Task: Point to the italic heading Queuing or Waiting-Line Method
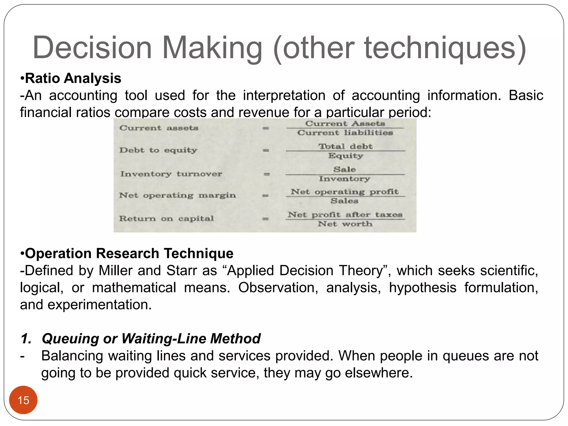(x=151, y=338)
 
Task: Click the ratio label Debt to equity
(x=158, y=150)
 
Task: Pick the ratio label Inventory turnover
(x=171, y=174)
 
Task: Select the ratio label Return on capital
(x=166, y=219)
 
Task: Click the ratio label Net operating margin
(x=177, y=195)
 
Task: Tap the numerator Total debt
(x=345, y=146)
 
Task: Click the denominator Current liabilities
(x=345, y=133)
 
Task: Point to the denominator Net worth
(x=345, y=224)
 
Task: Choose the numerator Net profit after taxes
(x=345, y=214)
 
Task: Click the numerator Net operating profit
(x=344, y=192)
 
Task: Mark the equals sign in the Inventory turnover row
(x=267, y=174)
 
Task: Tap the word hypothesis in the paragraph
(x=422, y=288)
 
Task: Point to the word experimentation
(x=100, y=305)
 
